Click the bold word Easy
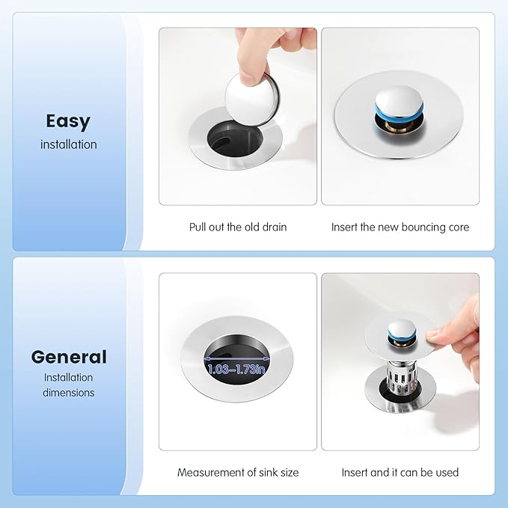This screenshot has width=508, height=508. click(x=68, y=121)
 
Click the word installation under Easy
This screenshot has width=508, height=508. click(x=69, y=144)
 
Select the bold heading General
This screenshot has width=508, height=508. click(x=69, y=357)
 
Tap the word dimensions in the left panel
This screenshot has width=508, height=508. click(x=69, y=393)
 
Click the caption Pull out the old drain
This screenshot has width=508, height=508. click(x=238, y=227)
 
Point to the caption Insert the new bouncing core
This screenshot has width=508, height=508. click(x=400, y=227)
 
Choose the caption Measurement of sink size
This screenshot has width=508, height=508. click(x=238, y=472)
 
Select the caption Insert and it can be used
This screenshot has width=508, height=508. click(x=400, y=472)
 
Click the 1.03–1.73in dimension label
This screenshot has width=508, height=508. click(x=236, y=369)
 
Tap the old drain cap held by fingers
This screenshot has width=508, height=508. click(x=252, y=100)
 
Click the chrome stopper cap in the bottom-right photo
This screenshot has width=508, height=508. click(x=402, y=331)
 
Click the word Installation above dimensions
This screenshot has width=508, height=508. click(x=68, y=377)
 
